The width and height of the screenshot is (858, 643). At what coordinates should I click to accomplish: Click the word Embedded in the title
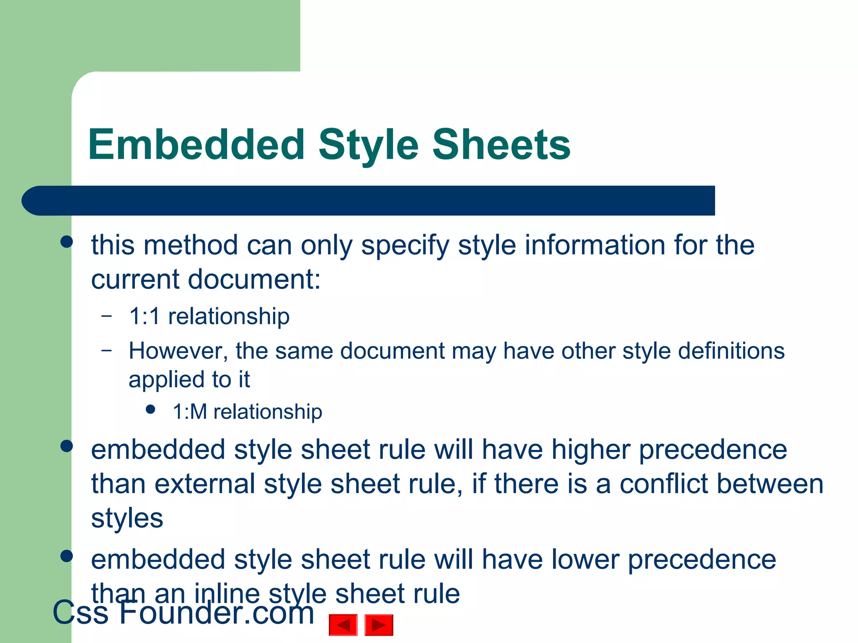tap(196, 144)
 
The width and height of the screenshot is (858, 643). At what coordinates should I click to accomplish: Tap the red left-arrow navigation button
tap(343, 625)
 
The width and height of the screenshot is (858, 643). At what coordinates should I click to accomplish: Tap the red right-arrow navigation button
tap(379, 625)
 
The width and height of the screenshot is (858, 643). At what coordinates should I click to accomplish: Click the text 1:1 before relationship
tap(145, 316)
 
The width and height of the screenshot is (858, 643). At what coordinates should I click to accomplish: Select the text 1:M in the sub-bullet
tap(190, 412)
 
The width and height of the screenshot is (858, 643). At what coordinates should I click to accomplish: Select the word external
tap(205, 484)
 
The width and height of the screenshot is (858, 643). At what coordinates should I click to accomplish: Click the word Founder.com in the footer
tap(217, 613)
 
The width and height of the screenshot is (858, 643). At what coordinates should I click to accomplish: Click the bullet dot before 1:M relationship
tap(151, 409)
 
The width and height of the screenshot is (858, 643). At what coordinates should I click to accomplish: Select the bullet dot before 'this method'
tap(67, 242)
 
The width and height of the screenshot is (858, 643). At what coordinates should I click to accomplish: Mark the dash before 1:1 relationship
tap(107, 315)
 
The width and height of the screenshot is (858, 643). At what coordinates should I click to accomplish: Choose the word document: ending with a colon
tap(254, 279)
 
